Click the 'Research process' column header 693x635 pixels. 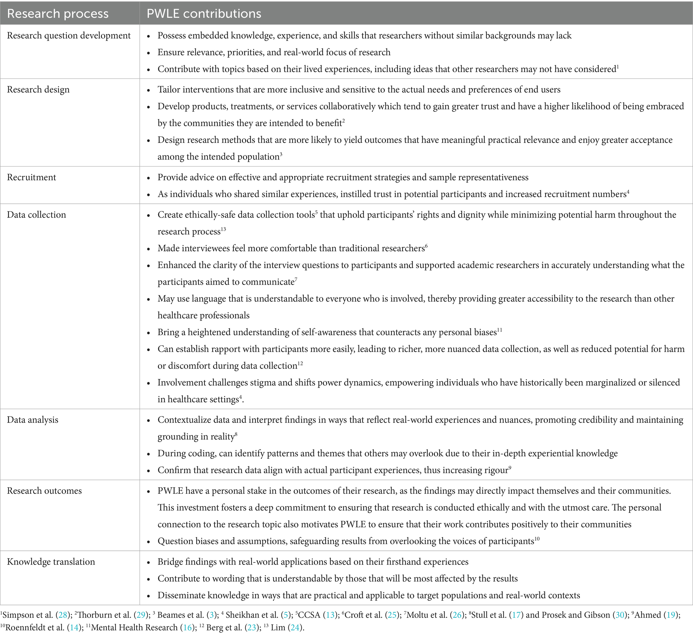pos(57,13)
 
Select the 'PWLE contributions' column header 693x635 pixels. pos(204,13)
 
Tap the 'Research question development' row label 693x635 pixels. pos(69,36)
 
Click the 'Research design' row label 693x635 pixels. pos(38,90)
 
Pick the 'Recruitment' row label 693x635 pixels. pos(31,177)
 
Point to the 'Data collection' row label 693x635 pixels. pos(37,215)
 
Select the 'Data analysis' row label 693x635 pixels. pos(33,420)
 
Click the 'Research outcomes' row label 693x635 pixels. pos(44,491)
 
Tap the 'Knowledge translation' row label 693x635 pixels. pos(51,562)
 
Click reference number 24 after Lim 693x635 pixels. pos(295,627)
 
